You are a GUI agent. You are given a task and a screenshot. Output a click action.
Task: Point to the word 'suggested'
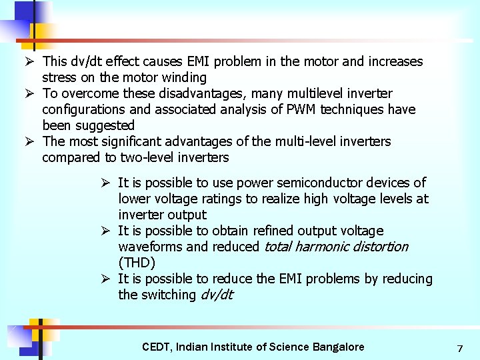click(103, 125)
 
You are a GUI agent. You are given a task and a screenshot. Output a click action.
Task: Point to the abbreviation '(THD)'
click(137, 263)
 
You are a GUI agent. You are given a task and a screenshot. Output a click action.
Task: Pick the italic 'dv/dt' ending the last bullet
click(217, 295)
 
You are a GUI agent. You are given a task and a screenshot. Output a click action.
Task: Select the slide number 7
click(459, 348)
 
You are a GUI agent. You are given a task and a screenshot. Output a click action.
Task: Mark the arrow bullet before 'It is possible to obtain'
click(105, 231)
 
